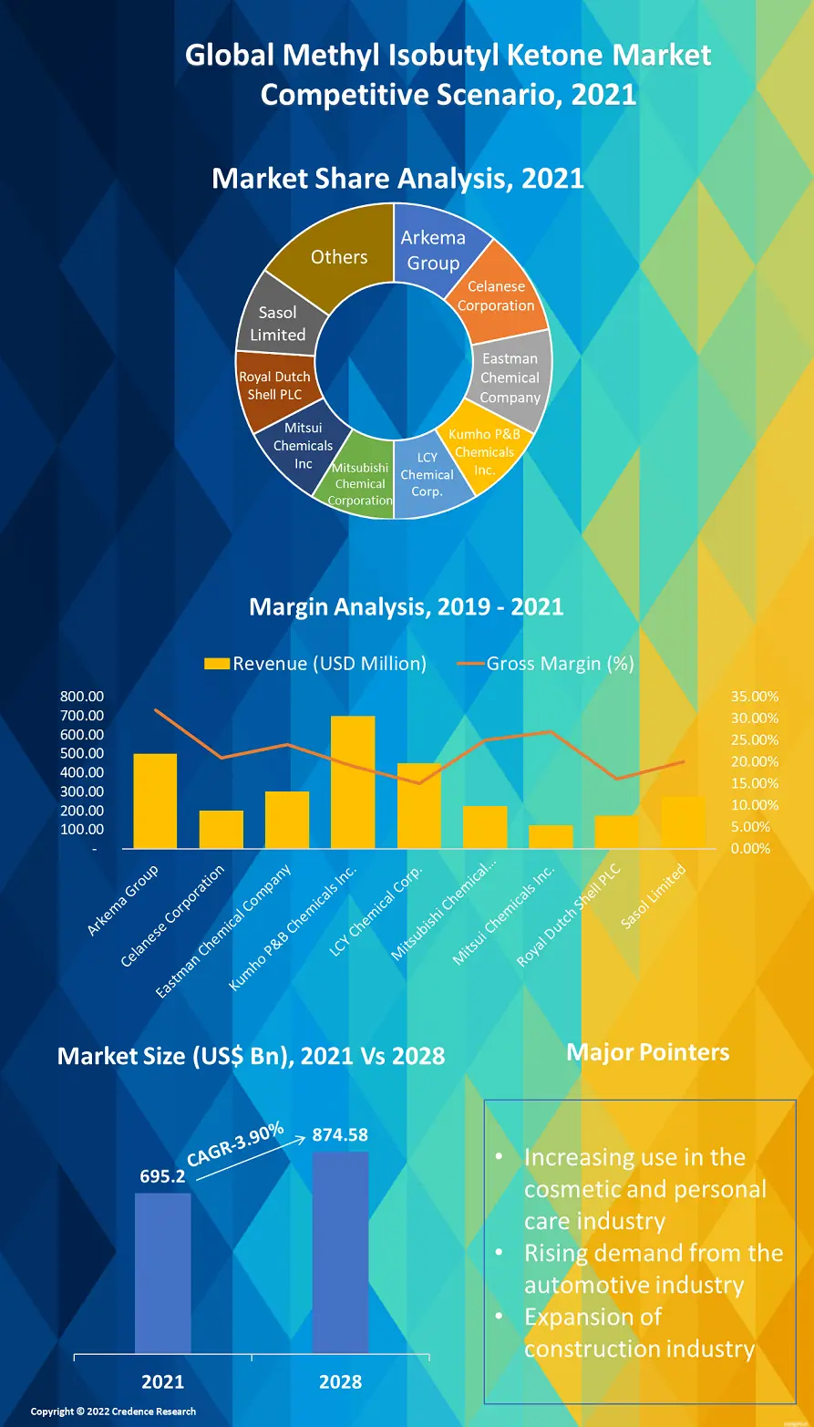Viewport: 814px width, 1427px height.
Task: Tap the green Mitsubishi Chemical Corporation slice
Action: (360, 483)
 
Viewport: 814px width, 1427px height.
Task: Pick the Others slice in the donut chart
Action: (338, 257)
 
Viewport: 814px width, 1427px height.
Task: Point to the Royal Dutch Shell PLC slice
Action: (274, 386)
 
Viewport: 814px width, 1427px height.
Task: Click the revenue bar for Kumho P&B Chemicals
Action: (353, 781)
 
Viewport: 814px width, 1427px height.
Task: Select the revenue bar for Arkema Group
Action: (155, 801)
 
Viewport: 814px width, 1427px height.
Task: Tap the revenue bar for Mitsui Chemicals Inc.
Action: (551, 836)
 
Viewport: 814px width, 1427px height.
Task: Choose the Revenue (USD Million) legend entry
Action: (315, 664)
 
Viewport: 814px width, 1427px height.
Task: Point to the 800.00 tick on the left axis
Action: (82, 697)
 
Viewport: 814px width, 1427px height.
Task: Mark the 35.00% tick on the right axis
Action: (754, 697)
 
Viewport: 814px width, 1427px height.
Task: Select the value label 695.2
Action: (162, 1176)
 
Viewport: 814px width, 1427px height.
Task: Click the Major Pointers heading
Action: (647, 1052)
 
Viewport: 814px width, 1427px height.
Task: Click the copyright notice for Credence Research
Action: (113, 1411)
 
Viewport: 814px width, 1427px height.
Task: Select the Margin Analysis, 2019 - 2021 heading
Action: (407, 606)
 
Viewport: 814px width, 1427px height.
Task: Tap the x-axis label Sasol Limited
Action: (653, 897)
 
